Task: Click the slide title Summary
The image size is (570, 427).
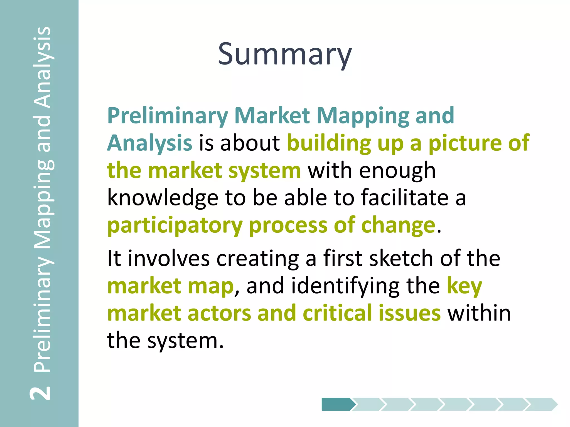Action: point(285,54)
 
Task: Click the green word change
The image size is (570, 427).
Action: point(398,225)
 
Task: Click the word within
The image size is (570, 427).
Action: point(479,313)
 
